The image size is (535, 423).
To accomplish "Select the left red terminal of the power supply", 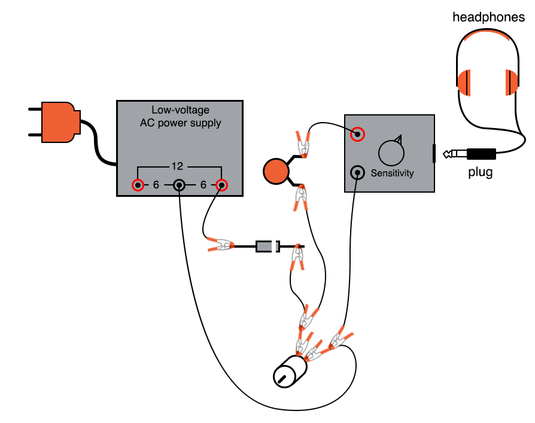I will (138, 185).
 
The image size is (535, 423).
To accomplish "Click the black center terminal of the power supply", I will (180, 185).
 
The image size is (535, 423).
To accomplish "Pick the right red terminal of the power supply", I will (222, 185).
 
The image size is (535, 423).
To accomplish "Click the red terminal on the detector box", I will (357, 135).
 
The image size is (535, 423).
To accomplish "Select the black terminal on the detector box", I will (357, 174).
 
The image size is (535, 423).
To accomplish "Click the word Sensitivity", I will (392, 174).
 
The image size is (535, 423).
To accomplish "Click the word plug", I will (480, 174).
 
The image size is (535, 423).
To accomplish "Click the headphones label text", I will (488, 17).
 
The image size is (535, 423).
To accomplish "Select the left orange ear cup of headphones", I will (466, 83).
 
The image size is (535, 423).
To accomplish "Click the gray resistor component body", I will (267, 246).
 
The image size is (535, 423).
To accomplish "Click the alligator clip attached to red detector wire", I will (303, 144).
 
